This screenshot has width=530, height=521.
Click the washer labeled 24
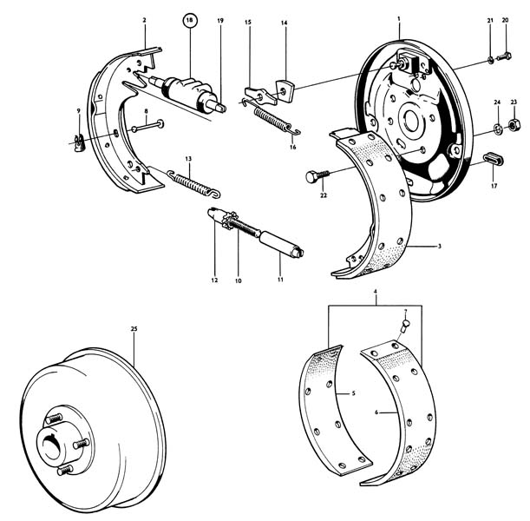(x=498, y=130)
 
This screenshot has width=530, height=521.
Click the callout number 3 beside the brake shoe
(x=440, y=247)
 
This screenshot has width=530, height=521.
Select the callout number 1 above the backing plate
(x=398, y=18)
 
